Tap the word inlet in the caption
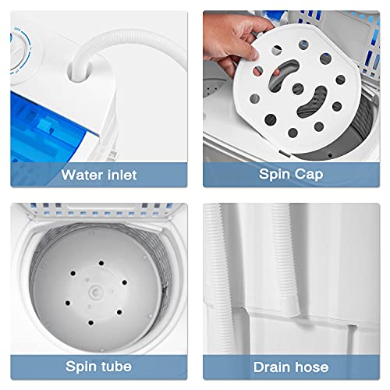tap(119, 174)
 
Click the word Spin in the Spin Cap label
tap(273, 174)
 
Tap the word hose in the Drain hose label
tap(310, 367)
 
